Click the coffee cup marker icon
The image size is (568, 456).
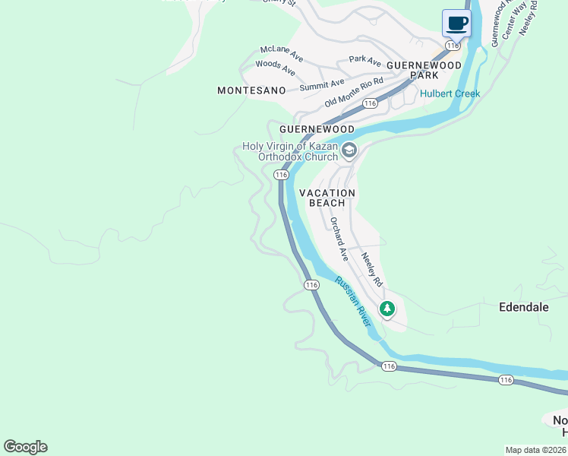click(x=456, y=24)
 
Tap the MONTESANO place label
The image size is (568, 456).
click(x=251, y=90)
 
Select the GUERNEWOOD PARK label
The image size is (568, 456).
click(x=424, y=71)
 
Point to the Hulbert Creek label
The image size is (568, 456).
click(x=450, y=94)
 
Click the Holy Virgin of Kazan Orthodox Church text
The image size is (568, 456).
click(x=290, y=152)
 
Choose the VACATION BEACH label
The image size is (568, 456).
click(x=327, y=198)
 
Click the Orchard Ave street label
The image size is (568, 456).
click(x=339, y=240)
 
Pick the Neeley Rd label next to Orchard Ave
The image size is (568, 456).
click(x=371, y=269)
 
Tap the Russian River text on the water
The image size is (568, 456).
click(x=353, y=301)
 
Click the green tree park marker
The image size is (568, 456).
click(x=387, y=309)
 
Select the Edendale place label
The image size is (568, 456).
click(x=524, y=308)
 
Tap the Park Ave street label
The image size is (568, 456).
click(x=364, y=60)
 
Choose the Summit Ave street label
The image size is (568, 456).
click(x=321, y=84)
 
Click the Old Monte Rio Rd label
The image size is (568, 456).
click(x=353, y=92)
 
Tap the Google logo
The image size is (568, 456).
click(x=25, y=447)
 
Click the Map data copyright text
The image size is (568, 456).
click(x=536, y=450)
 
